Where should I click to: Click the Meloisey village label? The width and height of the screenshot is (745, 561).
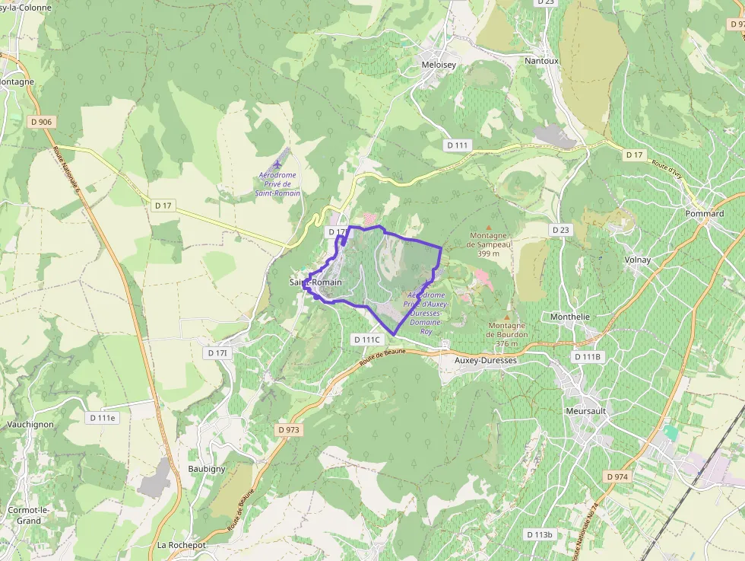tap(439, 65)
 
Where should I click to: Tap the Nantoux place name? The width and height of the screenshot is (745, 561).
tap(541, 61)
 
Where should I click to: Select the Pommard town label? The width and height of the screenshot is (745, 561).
tap(704, 214)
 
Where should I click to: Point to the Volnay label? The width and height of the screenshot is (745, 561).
tap(637, 260)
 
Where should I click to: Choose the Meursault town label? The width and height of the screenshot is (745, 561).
tap(585, 411)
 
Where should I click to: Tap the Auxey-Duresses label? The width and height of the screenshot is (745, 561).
tap(485, 360)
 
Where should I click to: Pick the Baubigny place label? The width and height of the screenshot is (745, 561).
tap(207, 469)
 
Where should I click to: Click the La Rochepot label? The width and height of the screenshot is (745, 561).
tap(182, 545)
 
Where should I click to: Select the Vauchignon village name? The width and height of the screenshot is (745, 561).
tap(30, 424)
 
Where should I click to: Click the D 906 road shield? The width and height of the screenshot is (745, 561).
tap(42, 122)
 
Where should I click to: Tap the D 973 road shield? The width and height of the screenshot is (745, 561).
tap(289, 430)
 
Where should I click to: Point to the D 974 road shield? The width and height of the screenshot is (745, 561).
tap(617, 477)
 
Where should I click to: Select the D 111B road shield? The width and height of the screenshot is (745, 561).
tap(587, 356)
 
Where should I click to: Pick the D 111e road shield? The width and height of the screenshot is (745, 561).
tap(102, 418)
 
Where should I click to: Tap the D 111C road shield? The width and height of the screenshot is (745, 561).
tap(366, 339)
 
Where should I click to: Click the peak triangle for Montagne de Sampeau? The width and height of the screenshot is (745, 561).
tap(488, 227)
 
